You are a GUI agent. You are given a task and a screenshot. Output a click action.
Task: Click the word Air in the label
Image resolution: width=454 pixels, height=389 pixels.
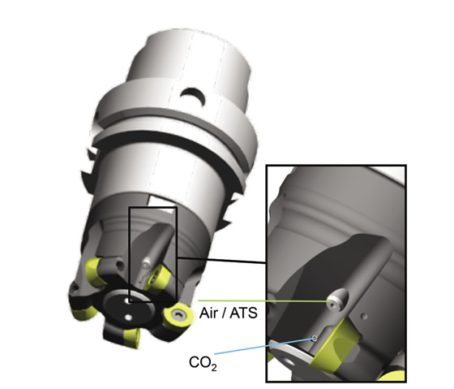tap(208, 313)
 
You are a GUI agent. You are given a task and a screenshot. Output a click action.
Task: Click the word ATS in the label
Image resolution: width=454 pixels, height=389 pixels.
tap(243, 313)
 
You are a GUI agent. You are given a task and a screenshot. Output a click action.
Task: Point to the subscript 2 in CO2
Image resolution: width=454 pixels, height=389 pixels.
tap(214, 368)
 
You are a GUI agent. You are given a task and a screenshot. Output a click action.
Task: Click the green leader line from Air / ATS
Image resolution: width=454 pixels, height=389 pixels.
tap(264, 300)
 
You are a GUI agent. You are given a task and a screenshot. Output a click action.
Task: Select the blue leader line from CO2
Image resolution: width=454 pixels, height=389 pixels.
tap(264, 346)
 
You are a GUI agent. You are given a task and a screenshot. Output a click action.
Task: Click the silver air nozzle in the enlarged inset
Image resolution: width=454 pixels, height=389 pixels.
tap(337, 300)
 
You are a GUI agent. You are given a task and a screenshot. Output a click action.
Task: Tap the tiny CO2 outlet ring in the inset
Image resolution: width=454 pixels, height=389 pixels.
tap(315, 338)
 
